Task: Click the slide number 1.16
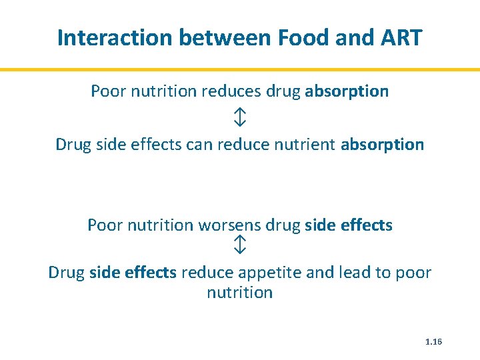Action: click(x=433, y=342)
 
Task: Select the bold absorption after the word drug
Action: click(x=347, y=91)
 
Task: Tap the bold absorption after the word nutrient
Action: click(x=382, y=145)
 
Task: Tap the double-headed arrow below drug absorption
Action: click(x=240, y=118)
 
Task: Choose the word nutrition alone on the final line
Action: click(x=240, y=293)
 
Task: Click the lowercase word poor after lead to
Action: click(x=416, y=273)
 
